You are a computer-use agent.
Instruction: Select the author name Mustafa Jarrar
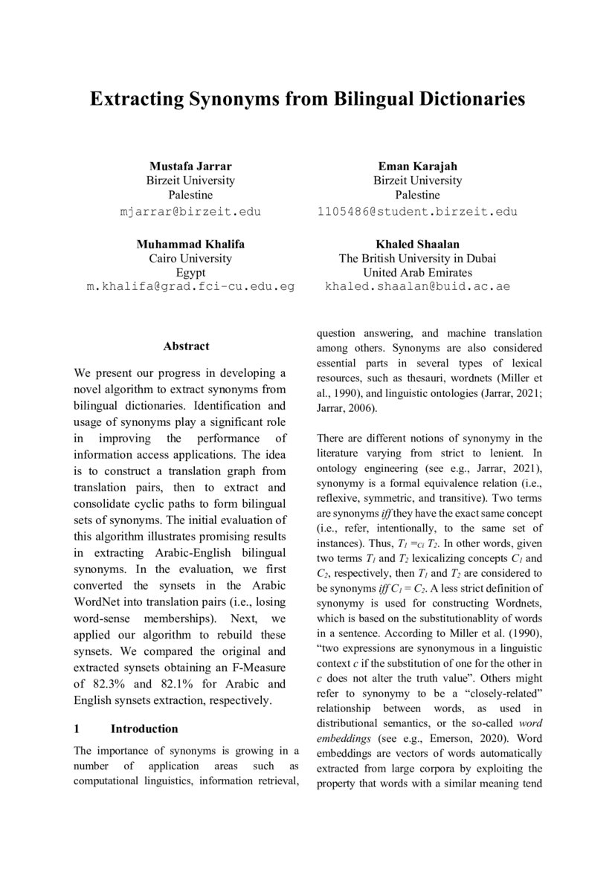click(190, 166)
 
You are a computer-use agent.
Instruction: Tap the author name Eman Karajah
click(417, 166)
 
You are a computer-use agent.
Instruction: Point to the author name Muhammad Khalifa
click(190, 244)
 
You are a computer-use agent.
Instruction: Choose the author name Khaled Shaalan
click(417, 244)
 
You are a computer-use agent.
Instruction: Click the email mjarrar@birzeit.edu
click(190, 211)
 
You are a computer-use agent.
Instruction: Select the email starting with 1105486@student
click(417, 211)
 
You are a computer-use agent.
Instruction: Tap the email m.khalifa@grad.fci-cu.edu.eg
click(190, 286)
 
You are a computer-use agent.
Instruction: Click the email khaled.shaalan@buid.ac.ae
click(417, 286)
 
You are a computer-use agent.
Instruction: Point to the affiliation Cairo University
click(190, 259)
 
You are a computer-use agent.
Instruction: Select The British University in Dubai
click(417, 259)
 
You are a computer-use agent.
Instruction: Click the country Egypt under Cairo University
click(190, 273)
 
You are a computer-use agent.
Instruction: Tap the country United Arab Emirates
click(417, 273)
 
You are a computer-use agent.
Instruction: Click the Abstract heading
click(186, 346)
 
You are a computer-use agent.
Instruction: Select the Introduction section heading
click(144, 729)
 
